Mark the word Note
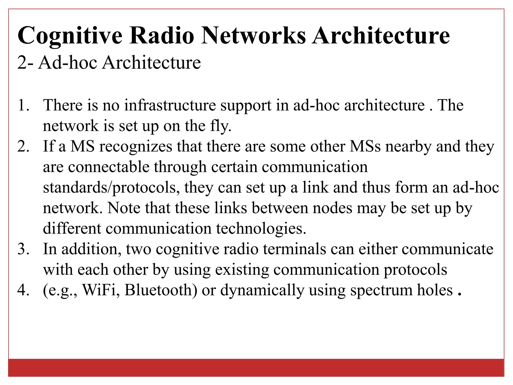124,208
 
